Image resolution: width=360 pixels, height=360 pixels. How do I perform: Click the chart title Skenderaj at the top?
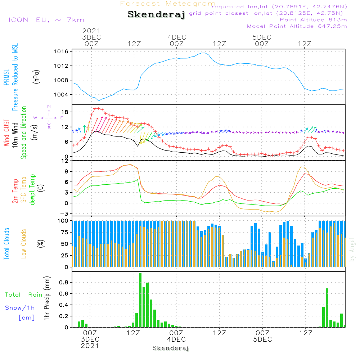156,15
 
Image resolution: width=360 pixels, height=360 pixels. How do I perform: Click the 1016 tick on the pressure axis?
62,51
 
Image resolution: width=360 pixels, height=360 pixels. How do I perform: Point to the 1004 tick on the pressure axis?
62,95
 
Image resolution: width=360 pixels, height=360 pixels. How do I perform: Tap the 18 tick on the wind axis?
64,112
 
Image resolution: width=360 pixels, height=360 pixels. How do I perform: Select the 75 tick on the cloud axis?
64,232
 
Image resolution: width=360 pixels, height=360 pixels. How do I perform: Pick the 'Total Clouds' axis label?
6,244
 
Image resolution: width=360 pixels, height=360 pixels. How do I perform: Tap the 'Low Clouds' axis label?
24,244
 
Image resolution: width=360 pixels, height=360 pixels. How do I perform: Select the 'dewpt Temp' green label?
32,190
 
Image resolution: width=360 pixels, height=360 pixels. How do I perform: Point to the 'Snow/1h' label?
20,308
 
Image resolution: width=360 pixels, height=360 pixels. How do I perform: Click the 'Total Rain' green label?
23,295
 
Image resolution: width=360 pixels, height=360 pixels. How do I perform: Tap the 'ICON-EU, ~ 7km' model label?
46,20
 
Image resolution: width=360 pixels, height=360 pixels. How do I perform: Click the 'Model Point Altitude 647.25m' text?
297,26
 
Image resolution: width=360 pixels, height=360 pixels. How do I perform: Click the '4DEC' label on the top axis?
176,37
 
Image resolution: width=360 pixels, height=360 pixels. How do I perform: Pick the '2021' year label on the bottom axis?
90,346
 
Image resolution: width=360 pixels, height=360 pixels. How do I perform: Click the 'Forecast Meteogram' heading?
168,4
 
